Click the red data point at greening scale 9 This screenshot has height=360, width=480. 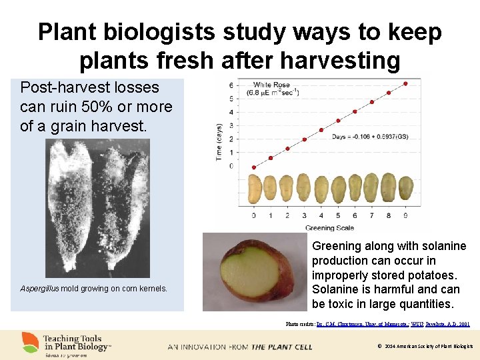click(405, 83)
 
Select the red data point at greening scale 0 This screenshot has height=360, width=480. click(253, 167)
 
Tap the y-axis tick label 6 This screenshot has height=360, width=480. click(231, 85)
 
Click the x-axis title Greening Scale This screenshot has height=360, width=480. click(329, 228)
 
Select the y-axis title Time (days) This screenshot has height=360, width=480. click(221, 140)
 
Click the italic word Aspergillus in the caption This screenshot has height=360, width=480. click(39, 289)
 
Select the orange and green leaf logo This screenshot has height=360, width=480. click(30, 343)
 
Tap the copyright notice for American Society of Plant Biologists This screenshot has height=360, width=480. click(425, 347)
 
